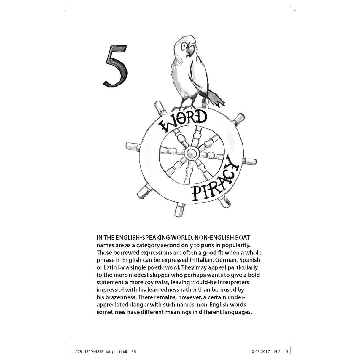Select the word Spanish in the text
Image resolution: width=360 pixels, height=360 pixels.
250,260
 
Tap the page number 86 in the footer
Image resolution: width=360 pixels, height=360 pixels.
133,352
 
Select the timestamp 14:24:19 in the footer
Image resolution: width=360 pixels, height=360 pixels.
280,352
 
